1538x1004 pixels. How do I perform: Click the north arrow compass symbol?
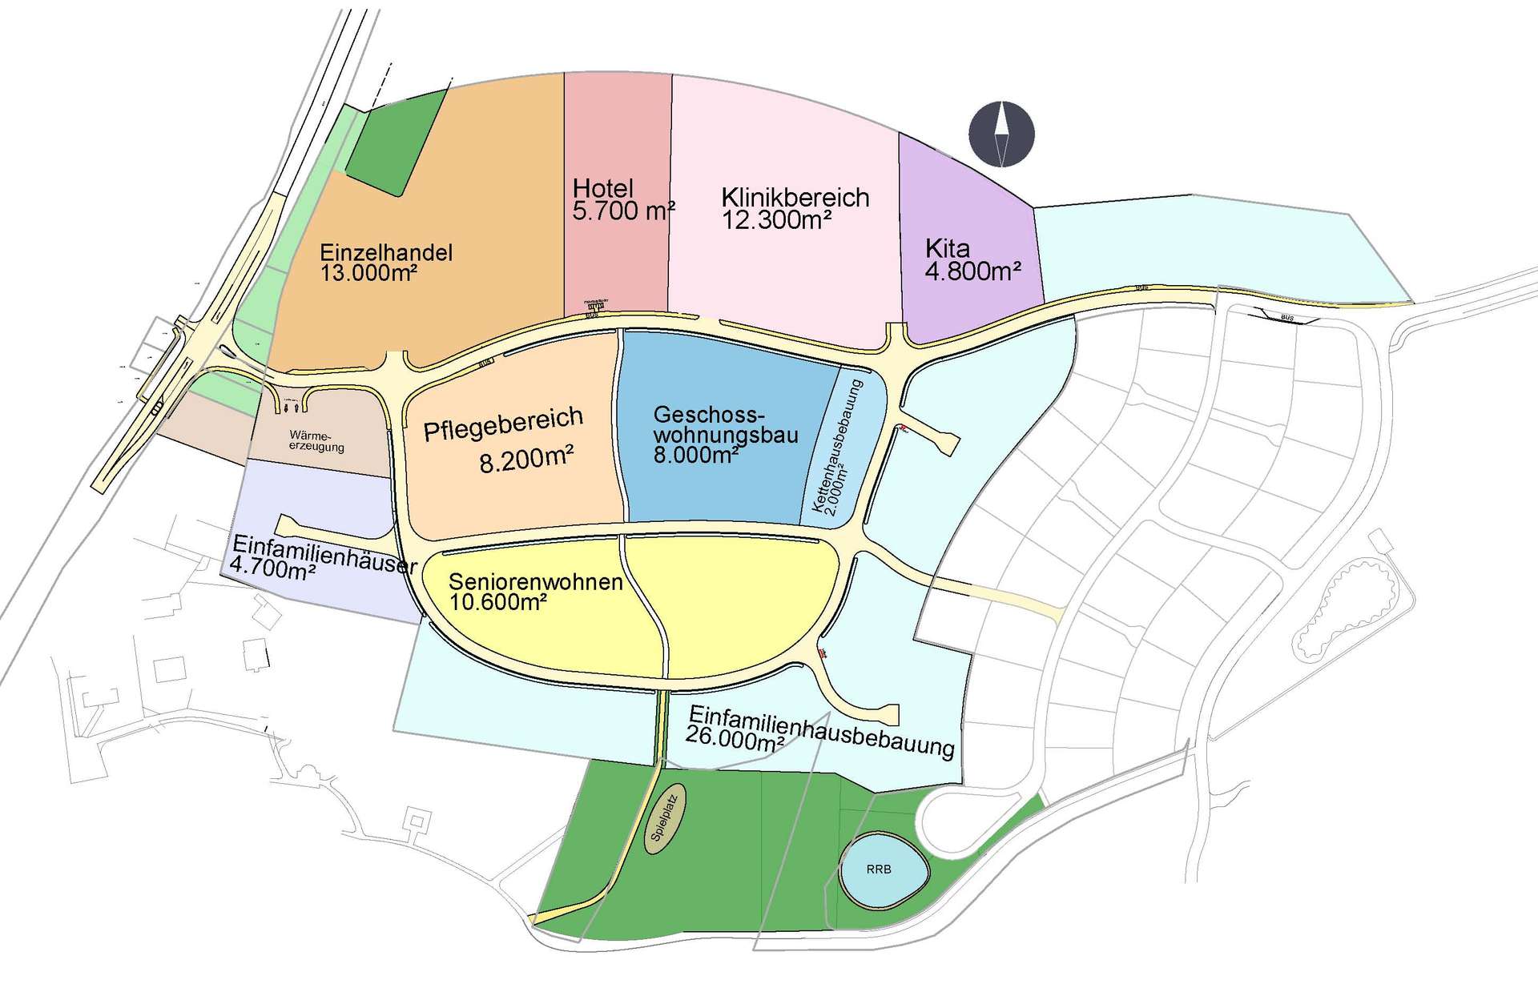coord(1001,134)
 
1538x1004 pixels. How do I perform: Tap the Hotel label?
coord(602,189)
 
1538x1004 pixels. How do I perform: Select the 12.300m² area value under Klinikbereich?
coord(775,220)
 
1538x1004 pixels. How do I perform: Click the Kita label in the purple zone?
coord(947,248)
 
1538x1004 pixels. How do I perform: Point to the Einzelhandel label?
coord(386,252)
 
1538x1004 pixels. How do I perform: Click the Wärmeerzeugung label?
coord(316,441)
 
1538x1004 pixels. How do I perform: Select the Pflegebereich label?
coord(503,424)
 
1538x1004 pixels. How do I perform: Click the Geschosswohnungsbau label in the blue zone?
coord(725,425)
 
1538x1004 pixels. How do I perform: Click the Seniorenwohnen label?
coord(535,582)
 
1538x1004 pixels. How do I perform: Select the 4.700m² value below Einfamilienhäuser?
coord(272,569)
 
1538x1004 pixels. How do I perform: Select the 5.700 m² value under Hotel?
coord(623,211)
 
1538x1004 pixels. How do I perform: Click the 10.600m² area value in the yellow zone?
coord(497,602)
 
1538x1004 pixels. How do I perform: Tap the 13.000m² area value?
coord(368,273)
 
